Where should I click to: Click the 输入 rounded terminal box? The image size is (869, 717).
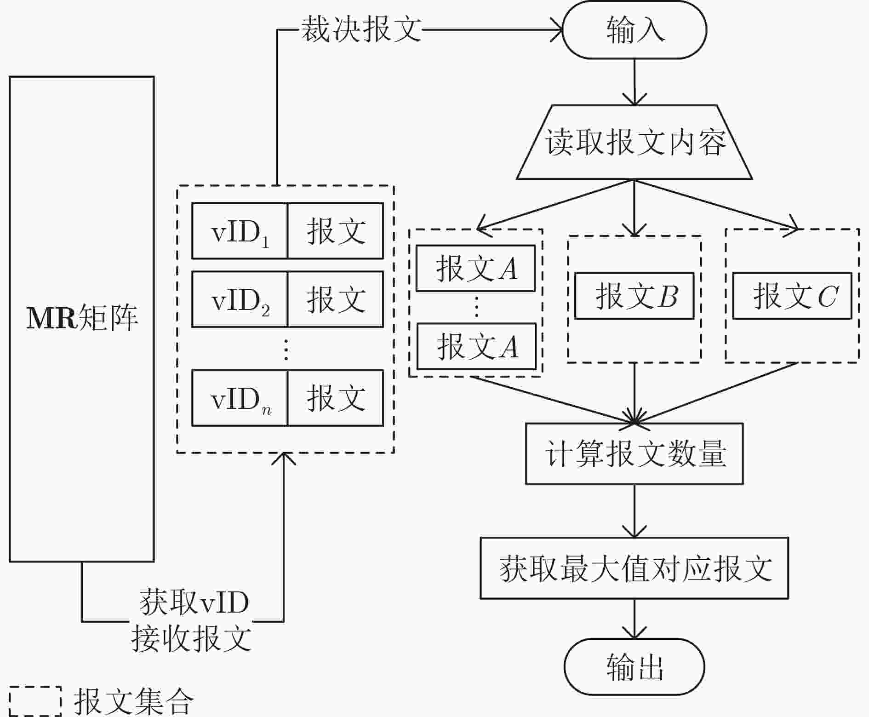click(635, 30)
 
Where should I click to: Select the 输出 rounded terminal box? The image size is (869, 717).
click(635, 666)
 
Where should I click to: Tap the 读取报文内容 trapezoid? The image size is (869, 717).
click(635, 142)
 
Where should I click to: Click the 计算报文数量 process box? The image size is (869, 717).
click(635, 453)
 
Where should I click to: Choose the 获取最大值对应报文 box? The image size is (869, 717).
click(635, 568)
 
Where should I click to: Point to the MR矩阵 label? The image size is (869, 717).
click(82, 318)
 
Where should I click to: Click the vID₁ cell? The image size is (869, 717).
click(240, 231)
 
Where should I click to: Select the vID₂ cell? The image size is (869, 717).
click(240, 299)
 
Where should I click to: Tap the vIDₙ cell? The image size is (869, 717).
click(240, 398)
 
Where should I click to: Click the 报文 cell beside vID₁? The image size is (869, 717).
click(336, 231)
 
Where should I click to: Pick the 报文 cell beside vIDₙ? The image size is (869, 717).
click(336, 398)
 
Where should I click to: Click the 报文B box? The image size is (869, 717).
click(635, 296)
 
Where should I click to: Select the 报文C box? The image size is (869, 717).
click(792, 296)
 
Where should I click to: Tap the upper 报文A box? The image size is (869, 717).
click(475, 268)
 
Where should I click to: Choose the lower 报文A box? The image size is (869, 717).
click(476, 346)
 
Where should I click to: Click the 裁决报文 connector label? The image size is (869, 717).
click(361, 29)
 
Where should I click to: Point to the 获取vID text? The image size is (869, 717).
click(194, 602)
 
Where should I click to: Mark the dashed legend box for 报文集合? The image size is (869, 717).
click(35, 701)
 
